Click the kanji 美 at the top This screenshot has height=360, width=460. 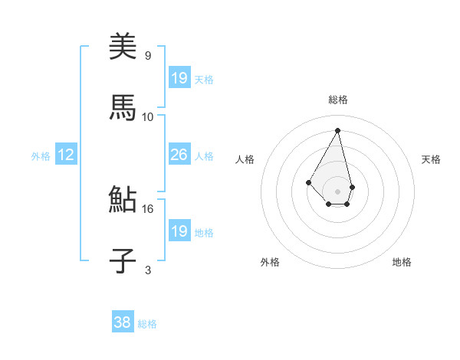click(123, 47)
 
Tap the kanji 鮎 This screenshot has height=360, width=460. click(123, 200)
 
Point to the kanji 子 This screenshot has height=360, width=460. click(123, 260)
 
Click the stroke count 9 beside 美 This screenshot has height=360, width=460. click(147, 55)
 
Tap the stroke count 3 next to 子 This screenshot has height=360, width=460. click(147, 270)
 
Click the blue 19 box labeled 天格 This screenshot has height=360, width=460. click(179, 77)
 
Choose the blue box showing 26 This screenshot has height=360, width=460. click(179, 155)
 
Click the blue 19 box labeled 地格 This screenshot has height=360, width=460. click(179, 231)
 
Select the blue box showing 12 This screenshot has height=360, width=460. click(65, 155)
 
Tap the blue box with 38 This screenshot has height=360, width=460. click(122, 323)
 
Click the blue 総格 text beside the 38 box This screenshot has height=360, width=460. click(147, 324)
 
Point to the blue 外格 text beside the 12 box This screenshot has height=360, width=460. click(41, 155)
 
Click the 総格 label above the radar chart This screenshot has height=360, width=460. click(337, 100)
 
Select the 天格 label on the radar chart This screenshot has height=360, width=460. click(432, 159)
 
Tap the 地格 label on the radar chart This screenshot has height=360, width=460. click(402, 262)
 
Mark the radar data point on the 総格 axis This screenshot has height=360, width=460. click(337, 130)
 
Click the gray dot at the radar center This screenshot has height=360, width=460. click(337, 191)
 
